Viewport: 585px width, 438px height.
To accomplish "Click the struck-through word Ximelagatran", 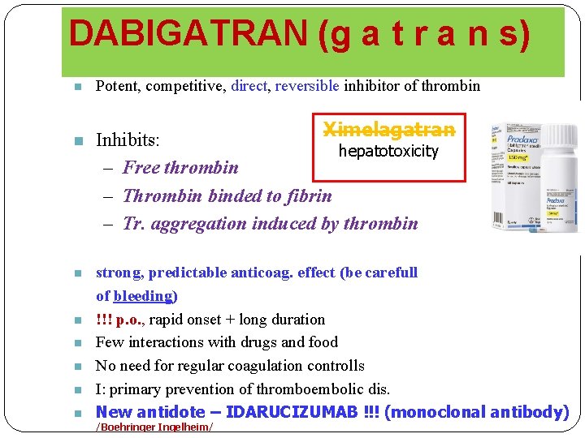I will pyautogui.click(x=389, y=130).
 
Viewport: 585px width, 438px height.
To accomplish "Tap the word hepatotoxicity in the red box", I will pyautogui.click(x=388, y=151).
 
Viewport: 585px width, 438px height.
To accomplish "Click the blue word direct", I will pyautogui.click(x=249, y=86).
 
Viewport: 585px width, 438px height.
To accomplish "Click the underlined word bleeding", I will pyautogui.click(x=144, y=296).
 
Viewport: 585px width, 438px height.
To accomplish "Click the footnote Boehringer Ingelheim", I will pyautogui.click(x=154, y=427).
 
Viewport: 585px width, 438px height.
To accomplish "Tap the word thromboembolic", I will pyautogui.click(x=305, y=389).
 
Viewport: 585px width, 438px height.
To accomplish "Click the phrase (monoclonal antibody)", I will pyautogui.click(x=476, y=412).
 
